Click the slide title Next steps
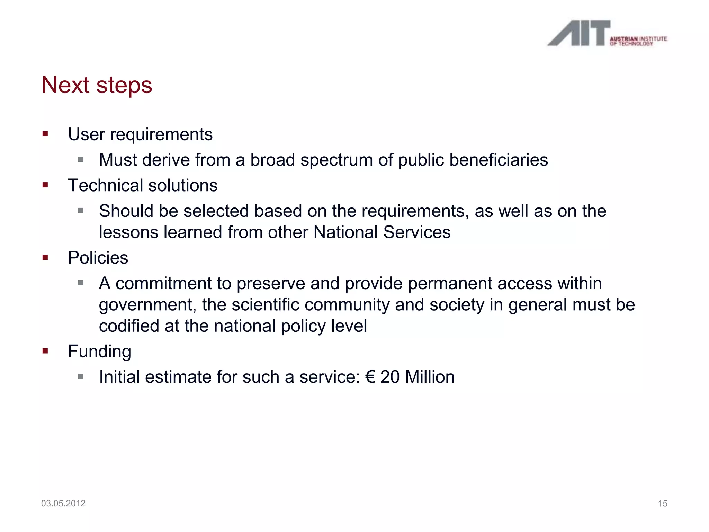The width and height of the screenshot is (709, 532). click(x=97, y=85)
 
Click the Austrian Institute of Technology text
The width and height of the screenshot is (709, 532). click(x=638, y=41)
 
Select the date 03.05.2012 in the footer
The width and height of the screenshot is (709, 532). click(x=63, y=503)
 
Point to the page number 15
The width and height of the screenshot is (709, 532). click(x=662, y=503)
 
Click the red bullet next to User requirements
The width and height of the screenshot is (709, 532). click(x=45, y=134)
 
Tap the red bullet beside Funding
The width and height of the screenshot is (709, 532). click(x=45, y=351)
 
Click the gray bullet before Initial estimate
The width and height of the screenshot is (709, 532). click(x=81, y=377)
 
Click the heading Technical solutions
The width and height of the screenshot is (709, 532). click(x=143, y=185)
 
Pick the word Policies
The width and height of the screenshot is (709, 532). click(x=98, y=258)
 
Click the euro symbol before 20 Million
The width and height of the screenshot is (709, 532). click(x=370, y=377)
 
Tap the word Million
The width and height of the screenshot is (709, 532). click(x=430, y=377)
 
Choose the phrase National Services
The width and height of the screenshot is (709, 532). click(x=382, y=232)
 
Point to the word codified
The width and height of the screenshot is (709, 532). click(x=129, y=326)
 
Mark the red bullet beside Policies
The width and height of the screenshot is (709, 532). click(x=45, y=257)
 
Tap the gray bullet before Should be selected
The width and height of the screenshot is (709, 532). click(x=81, y=211)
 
